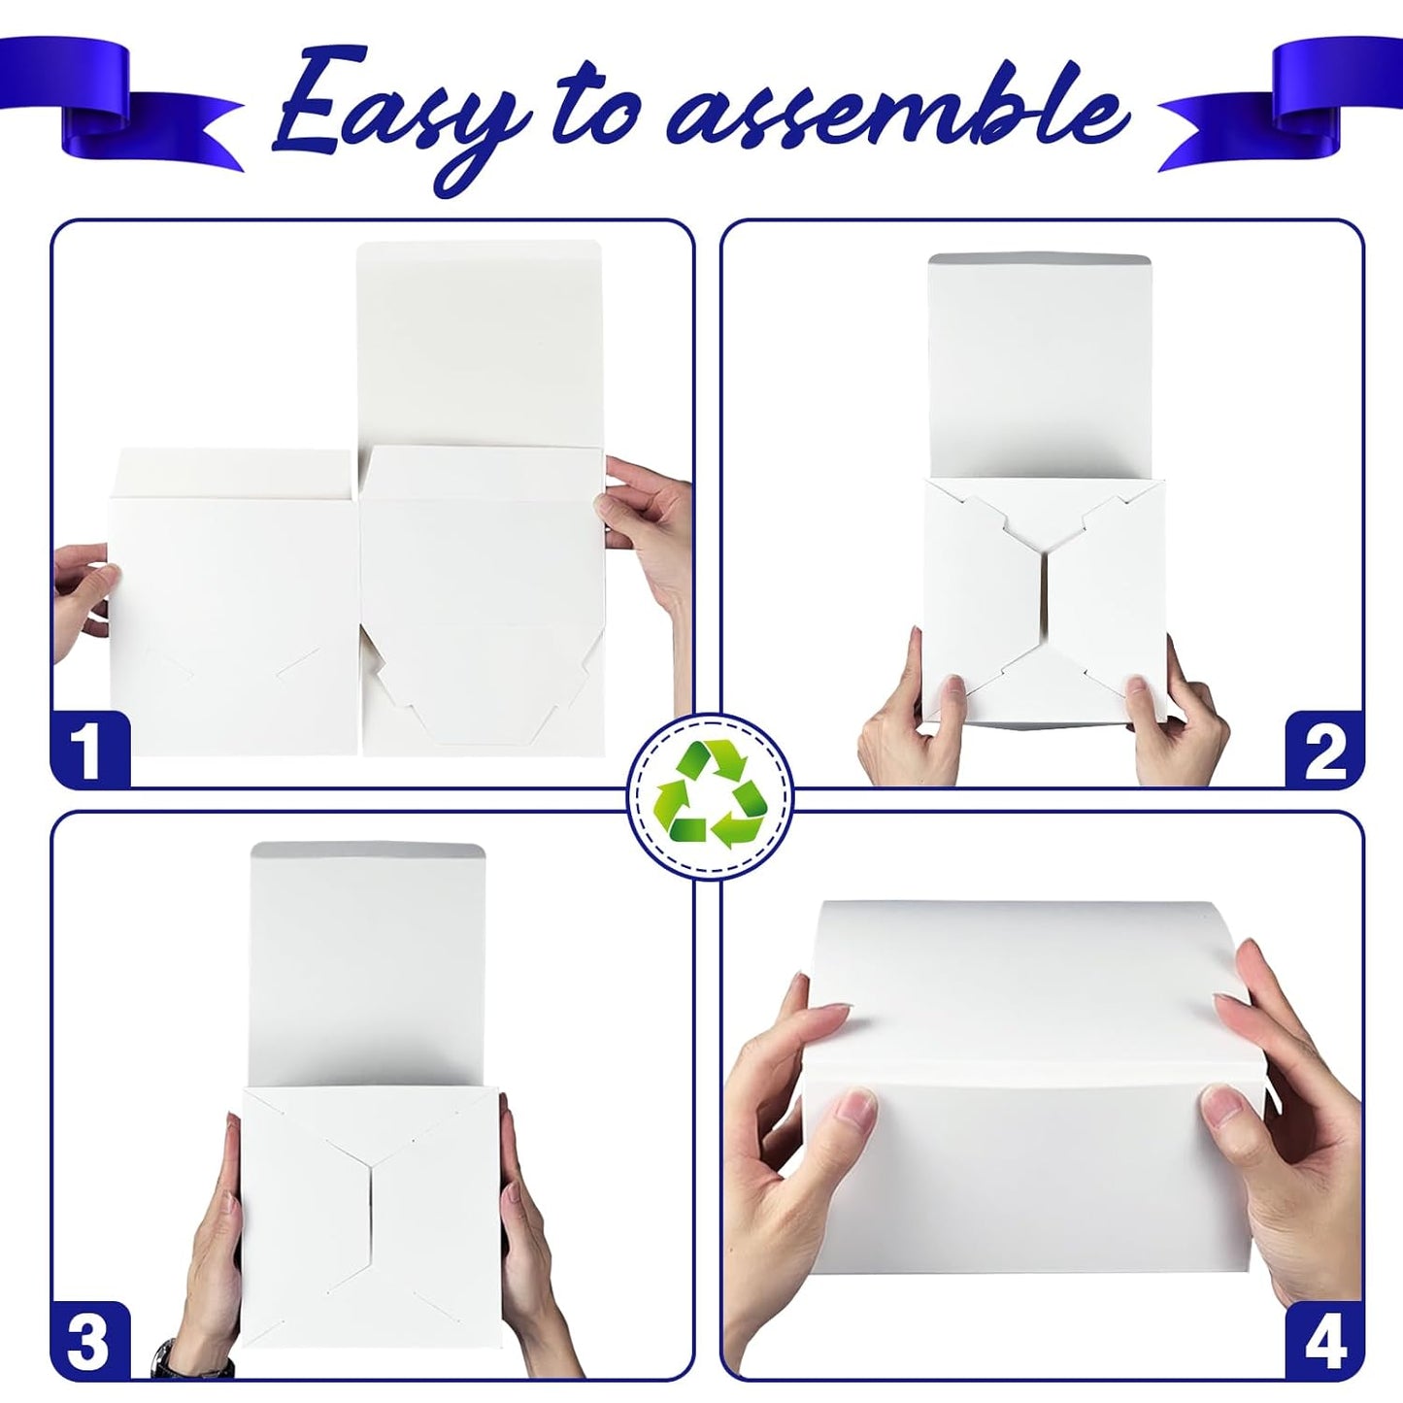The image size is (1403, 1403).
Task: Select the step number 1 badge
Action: tap(89, 750)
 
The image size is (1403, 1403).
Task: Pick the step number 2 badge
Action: tap(1324, 750)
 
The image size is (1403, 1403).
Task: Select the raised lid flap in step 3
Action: tap(369, 961)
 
